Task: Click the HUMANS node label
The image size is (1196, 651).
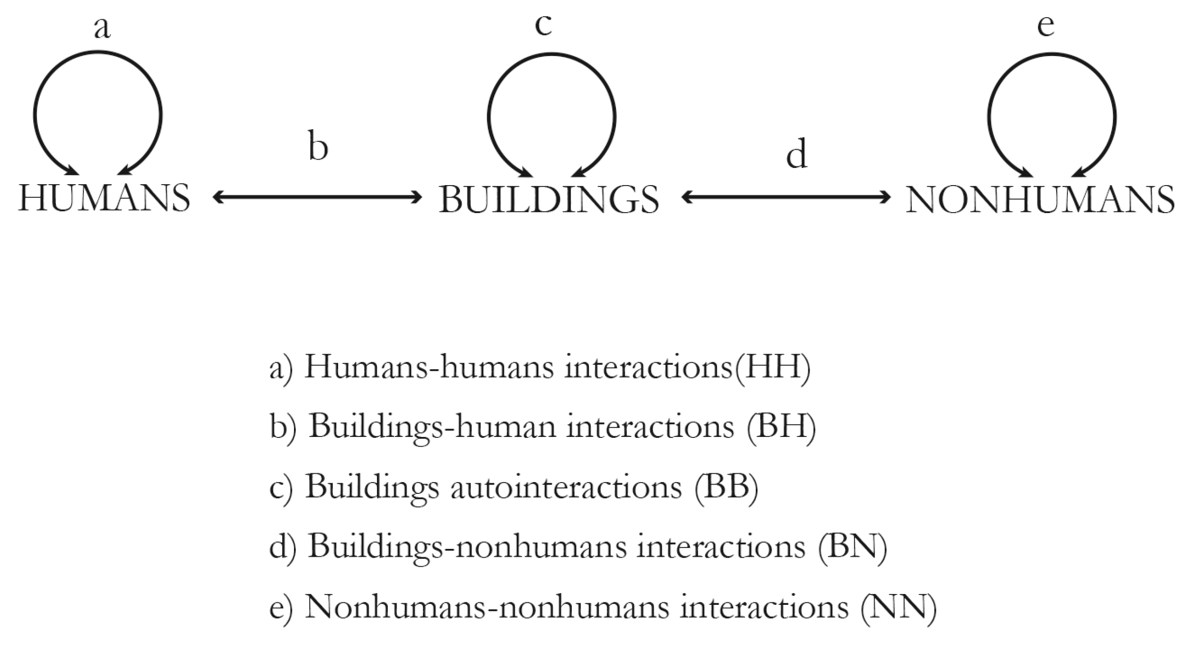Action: click(104, 198)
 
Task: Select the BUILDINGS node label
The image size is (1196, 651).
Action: click(549, 200)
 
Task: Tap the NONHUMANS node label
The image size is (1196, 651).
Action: click(1040, 200)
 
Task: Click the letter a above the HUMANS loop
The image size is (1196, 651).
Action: click(102, 28)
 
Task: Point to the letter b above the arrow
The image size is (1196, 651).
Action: click(318, 145)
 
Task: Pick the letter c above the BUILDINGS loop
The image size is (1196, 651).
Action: click(543, 25)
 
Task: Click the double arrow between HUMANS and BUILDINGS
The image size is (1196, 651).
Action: click(317, 197)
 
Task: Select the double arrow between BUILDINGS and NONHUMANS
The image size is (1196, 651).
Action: click(786, 197)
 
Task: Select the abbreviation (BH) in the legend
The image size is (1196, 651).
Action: click(781, 427)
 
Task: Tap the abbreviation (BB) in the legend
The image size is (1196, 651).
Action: click(726, 487)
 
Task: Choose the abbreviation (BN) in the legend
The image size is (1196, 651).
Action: click(852, 546)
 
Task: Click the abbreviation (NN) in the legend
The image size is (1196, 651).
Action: click(898, 607)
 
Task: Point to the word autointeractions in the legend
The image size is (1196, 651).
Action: click(566, 487)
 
